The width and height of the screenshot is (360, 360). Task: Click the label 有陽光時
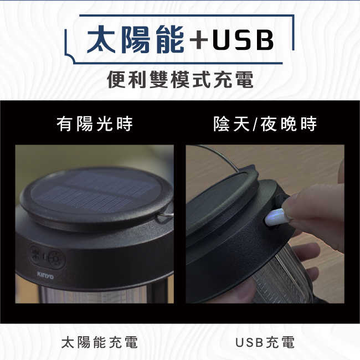(95, 124)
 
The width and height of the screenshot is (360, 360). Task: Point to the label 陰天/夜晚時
(265, 124)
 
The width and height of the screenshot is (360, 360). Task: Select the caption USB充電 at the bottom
(265, 342)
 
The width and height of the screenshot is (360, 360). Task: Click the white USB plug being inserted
(275, 217)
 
